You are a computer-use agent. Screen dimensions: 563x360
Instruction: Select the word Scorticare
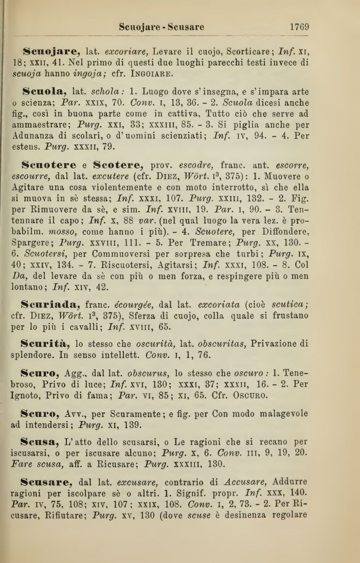coord(250,52)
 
